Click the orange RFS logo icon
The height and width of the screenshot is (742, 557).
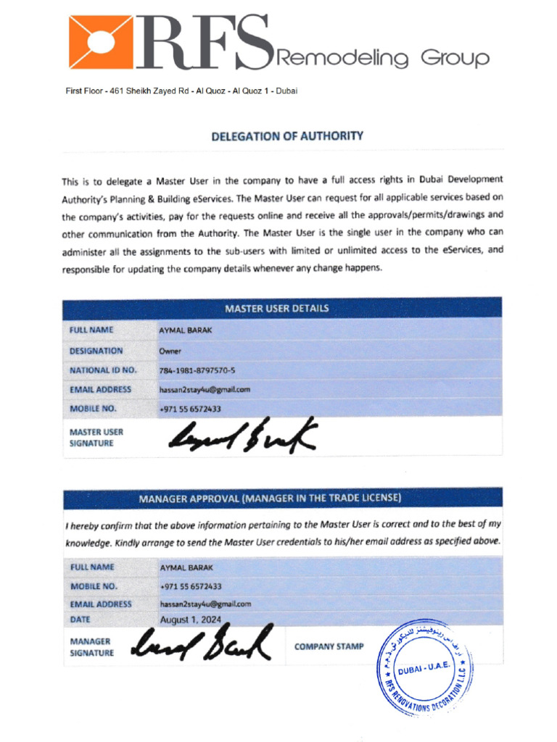point(101,42)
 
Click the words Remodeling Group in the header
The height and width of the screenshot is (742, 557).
point(384,58)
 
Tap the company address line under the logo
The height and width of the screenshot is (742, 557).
point(181,91)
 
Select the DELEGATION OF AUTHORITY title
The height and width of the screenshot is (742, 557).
point(287,136)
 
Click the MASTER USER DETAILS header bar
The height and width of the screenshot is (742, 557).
point(276,308)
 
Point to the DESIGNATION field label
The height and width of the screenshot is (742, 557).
point(96,351)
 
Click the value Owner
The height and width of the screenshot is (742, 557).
point(170,351)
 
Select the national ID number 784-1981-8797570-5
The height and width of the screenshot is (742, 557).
point(197,370)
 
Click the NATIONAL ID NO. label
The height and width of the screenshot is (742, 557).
point(103,370)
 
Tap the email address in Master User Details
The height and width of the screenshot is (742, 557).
point(205,389)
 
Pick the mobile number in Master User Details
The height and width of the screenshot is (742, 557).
point(190,409)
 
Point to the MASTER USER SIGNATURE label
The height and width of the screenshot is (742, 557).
point(96,438)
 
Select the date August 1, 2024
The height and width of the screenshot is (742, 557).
point(191,620)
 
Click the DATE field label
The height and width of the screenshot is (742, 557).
point(80,620)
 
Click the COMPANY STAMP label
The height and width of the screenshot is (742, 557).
point(329,646)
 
